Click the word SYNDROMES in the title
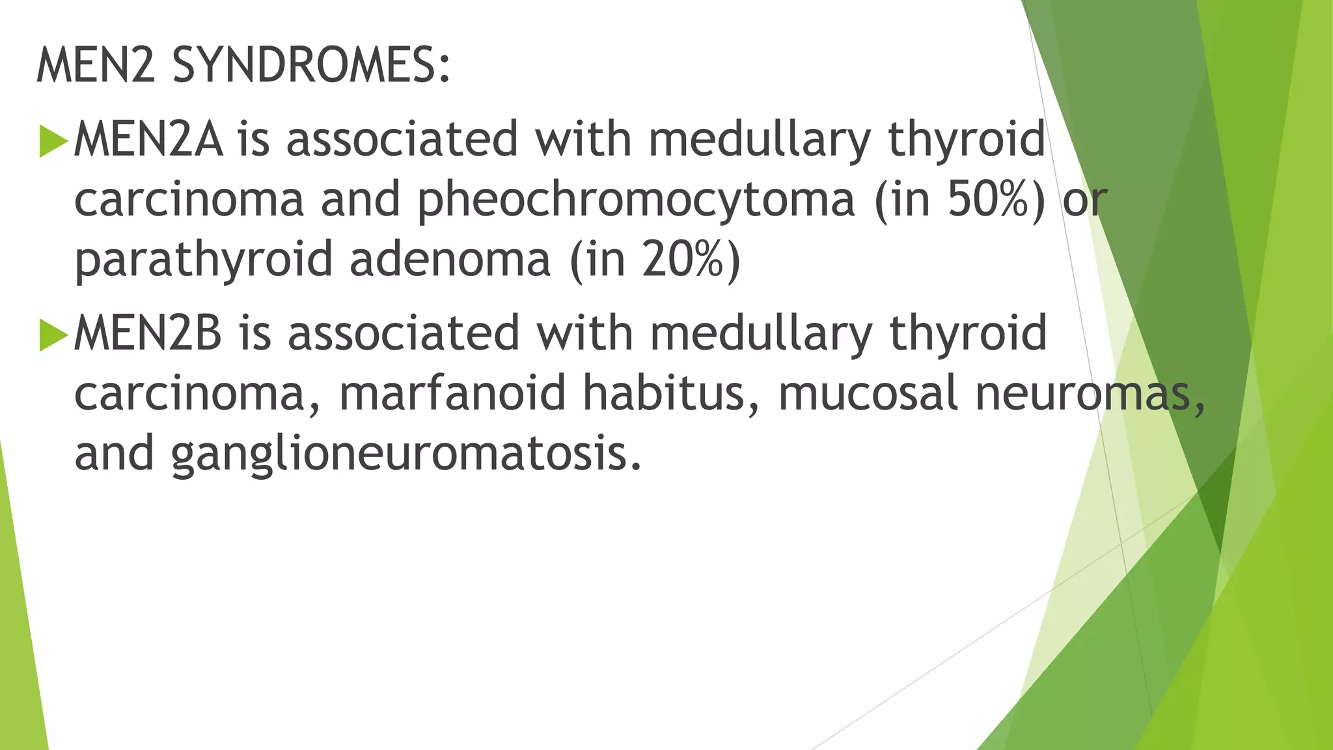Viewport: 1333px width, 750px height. [310, 66]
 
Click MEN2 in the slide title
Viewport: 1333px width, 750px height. [96, 66]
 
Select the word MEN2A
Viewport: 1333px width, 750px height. [148, 139]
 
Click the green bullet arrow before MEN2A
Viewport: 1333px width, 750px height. [53, 140]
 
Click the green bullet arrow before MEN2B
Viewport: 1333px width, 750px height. [53, 334]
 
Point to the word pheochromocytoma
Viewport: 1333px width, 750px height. [635, 201]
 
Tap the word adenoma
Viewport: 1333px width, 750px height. [450, 259]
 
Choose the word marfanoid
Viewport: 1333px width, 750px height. [452, 393]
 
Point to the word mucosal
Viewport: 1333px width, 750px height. [868, 393]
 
